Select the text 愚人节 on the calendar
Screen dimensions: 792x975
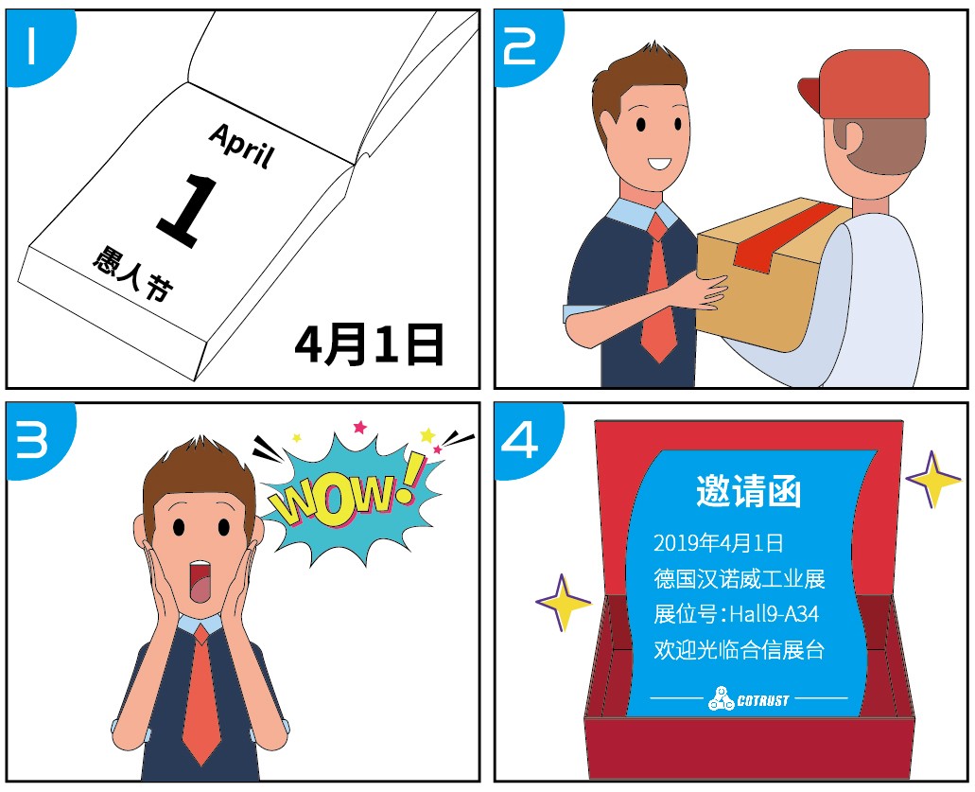click(x=132, y=274)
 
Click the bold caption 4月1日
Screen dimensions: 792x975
click(x=369, y=345)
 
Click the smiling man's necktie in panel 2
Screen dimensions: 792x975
click(x=658, y=293)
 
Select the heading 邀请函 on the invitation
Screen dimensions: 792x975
click(x=748, y=492)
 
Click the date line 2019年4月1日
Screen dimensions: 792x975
click(x=718, y=543)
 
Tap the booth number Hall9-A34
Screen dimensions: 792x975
click(x=774, y=614)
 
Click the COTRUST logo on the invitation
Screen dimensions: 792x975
click(x=748, y=700)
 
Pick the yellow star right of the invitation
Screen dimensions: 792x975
click(x=932, y=479)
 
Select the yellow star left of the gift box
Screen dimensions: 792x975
click(x=564, y=603)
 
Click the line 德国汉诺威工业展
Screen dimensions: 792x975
click(x=740, y=578)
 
